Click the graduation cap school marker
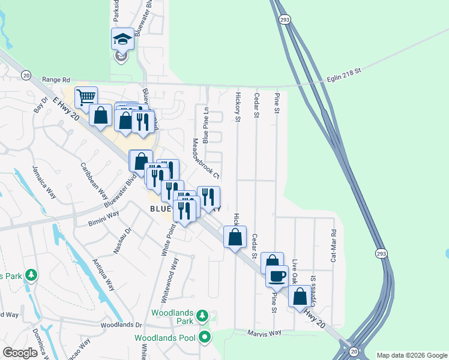122,40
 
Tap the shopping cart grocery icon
86,96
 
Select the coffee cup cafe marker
276,275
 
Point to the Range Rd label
56,79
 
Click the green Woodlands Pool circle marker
205,337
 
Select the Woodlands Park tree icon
203,315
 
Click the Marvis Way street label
265,333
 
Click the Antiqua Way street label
103,275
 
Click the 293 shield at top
283,19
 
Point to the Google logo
20,353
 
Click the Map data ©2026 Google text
412,355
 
